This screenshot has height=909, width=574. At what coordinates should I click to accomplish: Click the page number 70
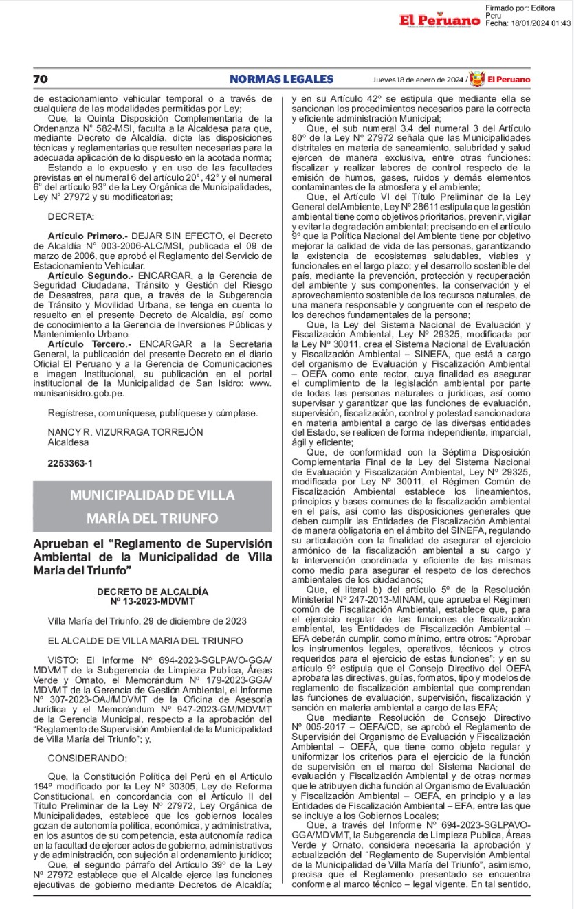click(x=41, y=79)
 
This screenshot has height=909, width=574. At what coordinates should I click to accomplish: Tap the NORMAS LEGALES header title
click(x=282, y=79)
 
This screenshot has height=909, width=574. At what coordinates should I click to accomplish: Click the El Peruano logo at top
click(x=440, y=20)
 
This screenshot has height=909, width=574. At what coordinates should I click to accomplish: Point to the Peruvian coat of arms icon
click(x=476, y=79)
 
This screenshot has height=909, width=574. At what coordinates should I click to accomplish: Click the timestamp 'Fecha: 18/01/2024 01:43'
click(x=528, y=23)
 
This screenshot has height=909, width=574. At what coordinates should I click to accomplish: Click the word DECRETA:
click(x=71, y=216)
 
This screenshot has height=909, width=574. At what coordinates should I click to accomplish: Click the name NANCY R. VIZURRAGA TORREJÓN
click(x=126, y=432)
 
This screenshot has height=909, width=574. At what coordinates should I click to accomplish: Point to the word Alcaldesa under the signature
click(x=68, y=442)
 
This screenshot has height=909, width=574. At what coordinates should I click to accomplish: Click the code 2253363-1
click(x=70, y=463)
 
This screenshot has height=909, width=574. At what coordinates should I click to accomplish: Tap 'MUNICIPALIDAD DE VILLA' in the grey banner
click(x=153, y=495)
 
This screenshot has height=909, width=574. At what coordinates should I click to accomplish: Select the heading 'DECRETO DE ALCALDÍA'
click(x=153, y=592)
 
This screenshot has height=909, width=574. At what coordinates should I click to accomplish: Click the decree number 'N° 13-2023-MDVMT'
click(x=153, y=601)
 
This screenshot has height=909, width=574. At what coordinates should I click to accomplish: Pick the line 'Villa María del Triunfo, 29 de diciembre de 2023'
click(x=147, y=621)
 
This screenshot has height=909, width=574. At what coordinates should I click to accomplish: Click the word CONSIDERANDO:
click(x=87, y=758)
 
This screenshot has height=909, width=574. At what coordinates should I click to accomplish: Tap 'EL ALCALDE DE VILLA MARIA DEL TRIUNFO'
click(x=145, y=640)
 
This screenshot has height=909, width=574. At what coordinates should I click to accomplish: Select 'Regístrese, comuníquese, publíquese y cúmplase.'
click(x=153, y=413)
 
